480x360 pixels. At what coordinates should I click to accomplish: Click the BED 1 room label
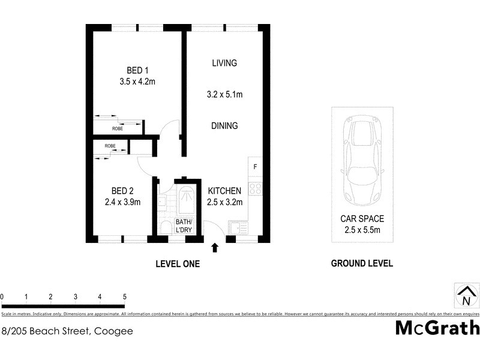[137, 70]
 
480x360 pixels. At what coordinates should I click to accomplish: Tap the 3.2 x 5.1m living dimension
[224, 94]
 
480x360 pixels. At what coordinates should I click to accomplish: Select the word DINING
[224, 126]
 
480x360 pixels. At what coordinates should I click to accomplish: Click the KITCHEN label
[224, 191]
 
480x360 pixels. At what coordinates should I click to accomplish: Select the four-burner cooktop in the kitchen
[255, 189]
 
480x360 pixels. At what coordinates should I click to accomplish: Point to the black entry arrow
[215, 247]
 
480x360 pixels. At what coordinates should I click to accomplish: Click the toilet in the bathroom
[165, 227]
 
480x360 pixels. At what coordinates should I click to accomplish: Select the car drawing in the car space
[362, 160]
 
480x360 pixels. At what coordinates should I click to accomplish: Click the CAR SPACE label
[362, 219]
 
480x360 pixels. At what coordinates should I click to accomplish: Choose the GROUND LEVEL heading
[362, 263]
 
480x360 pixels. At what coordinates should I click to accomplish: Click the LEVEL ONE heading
[178, 263]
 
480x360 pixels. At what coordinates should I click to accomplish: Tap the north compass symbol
[466, 296]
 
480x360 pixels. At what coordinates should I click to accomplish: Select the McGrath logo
[437, 328]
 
